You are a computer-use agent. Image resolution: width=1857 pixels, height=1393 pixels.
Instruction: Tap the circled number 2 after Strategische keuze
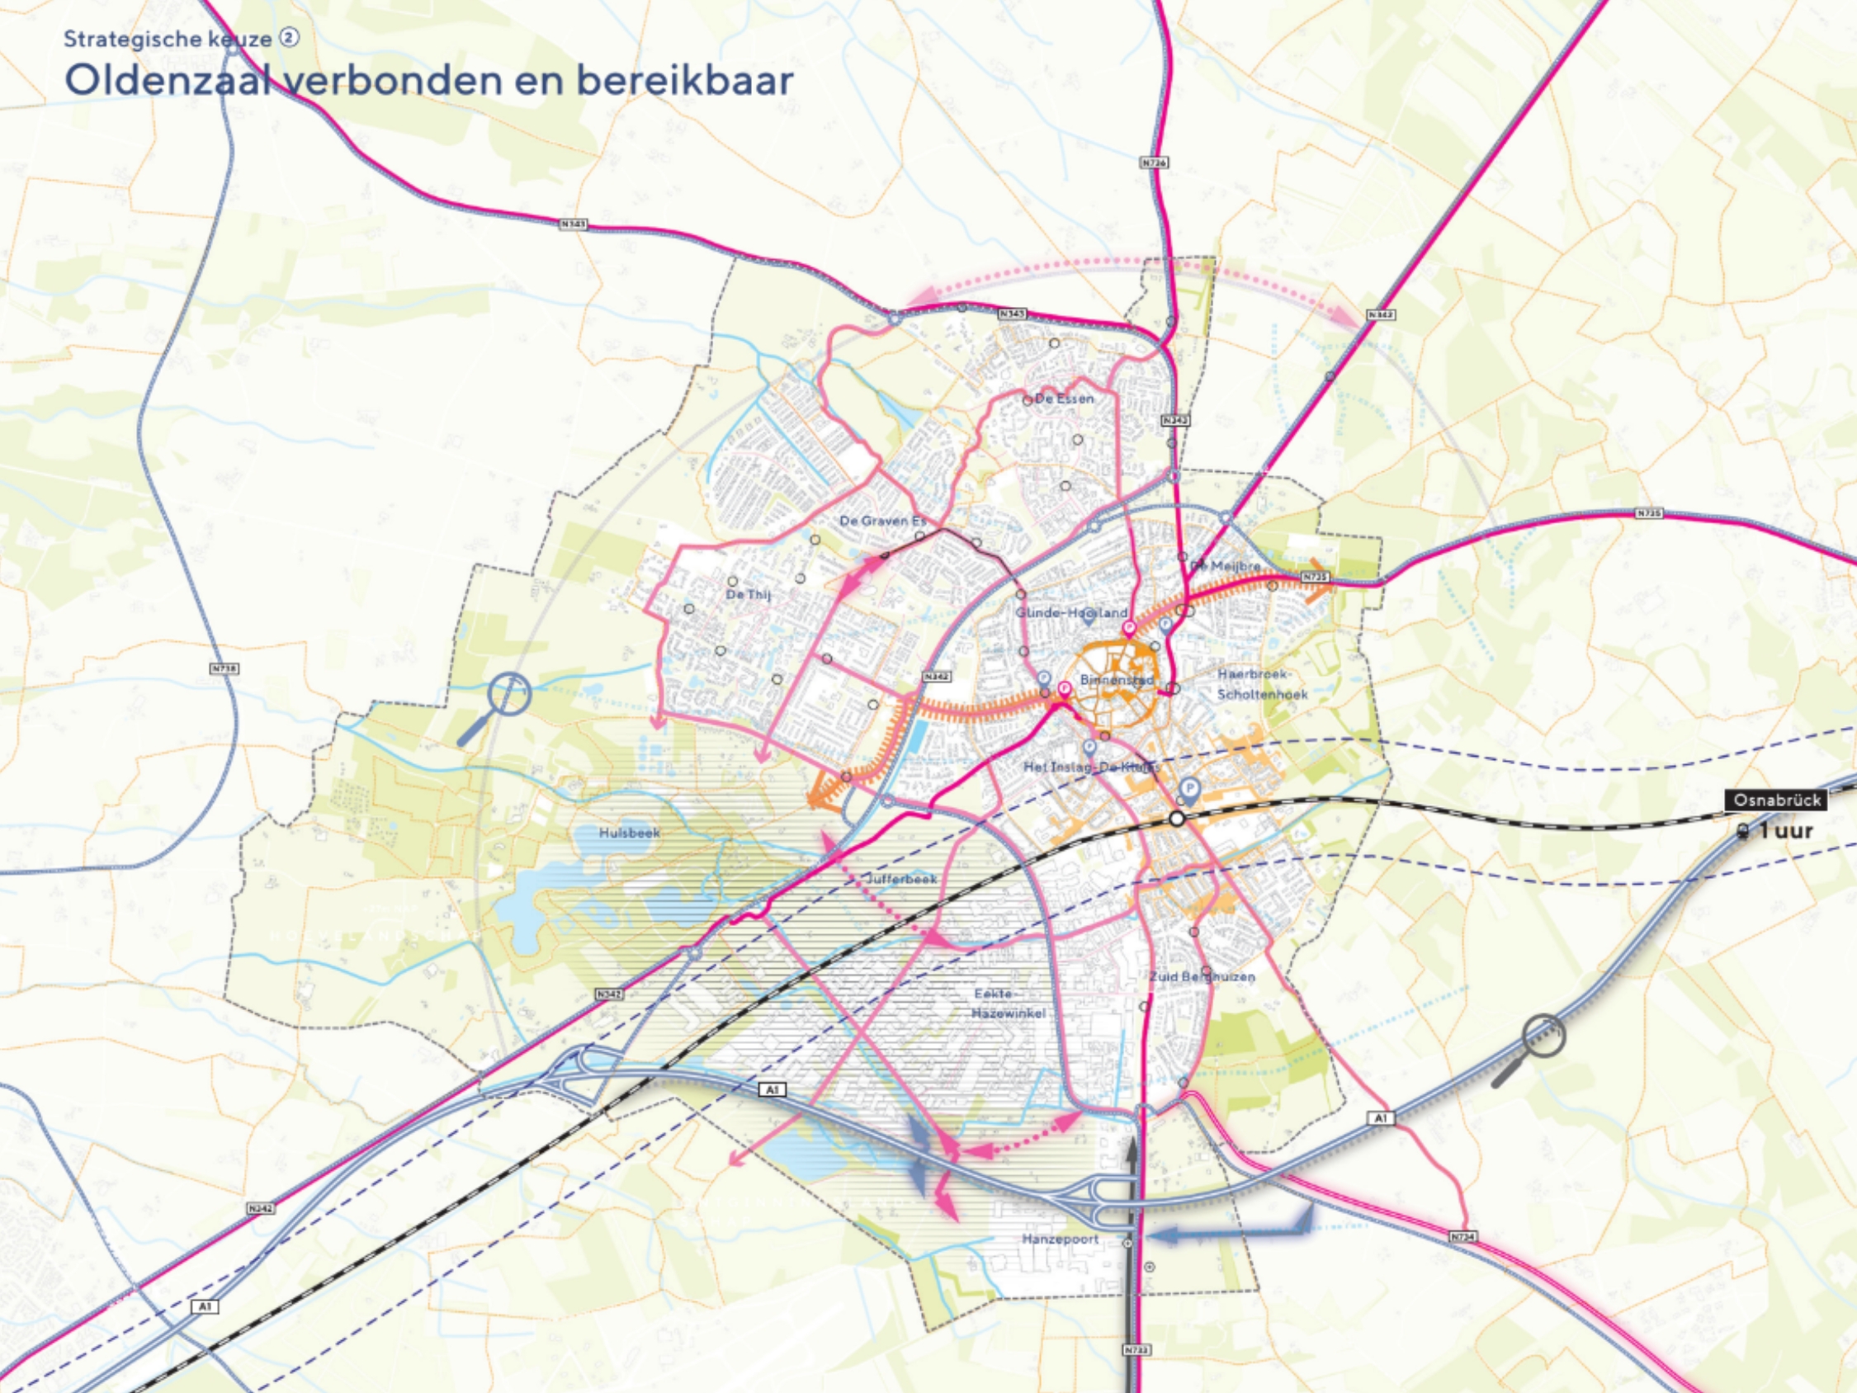(289, 38)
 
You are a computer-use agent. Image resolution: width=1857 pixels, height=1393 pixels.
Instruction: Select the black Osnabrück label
(1776, 800)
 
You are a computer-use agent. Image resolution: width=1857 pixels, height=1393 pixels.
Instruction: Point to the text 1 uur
(1786, 831)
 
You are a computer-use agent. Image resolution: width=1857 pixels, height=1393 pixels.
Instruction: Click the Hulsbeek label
(630, 833)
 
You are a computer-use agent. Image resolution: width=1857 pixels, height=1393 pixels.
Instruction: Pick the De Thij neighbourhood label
(748, 594)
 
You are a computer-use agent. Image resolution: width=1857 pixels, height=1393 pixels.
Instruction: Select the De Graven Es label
(882, 522)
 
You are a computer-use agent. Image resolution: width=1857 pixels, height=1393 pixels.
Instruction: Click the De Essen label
(1064, 399)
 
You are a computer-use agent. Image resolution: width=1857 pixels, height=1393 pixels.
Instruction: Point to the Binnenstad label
(1117, 679)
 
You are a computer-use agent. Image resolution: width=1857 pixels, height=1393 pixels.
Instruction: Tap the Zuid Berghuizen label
(1203, 976)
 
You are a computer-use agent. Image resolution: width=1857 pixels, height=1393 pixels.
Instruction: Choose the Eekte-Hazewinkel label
(1008, 1003)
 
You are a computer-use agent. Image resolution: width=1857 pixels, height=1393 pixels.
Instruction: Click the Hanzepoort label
(1061, 1240)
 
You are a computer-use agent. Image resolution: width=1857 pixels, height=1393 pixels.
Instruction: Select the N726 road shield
(1155, 162)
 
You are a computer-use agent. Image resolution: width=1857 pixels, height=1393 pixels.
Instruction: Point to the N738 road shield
(224, 668)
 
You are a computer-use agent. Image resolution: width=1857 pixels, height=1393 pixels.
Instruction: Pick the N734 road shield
(1462, 1237)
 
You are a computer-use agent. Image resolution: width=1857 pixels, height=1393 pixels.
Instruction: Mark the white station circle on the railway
(1178, 819)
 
